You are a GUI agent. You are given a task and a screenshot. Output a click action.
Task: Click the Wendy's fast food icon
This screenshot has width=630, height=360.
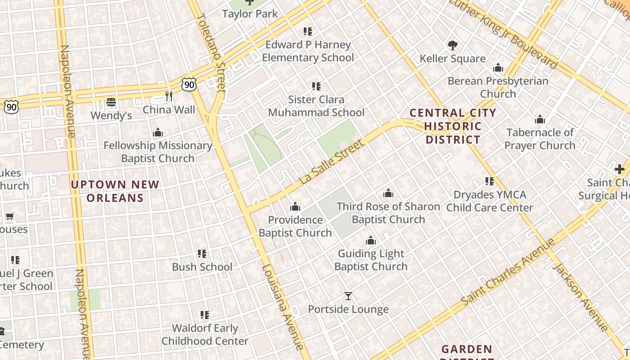point(111,102)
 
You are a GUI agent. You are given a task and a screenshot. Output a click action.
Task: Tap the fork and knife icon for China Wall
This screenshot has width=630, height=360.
point(169,96)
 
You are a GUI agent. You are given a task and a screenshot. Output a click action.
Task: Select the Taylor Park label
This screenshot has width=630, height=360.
point(250,14)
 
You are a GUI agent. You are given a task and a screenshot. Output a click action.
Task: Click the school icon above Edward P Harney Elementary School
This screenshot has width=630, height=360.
point(308,31)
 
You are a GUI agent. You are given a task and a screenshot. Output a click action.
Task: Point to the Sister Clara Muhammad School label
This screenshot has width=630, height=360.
point(316,106)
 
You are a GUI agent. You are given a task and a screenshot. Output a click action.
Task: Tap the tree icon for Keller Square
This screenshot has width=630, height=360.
point(453,45)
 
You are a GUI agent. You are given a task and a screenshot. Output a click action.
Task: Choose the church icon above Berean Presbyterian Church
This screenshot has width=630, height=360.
point(498,68)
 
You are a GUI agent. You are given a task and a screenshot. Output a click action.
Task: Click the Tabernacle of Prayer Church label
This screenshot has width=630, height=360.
point(540,139)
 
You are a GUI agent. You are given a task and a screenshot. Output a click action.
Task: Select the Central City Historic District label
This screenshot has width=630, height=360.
point(453,126)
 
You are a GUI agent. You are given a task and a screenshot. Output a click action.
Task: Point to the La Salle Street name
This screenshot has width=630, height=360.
point(332,162)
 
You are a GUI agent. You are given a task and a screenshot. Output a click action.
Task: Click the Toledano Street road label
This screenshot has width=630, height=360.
point(211,53)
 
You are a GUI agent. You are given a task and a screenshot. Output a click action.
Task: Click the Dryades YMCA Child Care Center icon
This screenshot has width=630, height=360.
point(490,181)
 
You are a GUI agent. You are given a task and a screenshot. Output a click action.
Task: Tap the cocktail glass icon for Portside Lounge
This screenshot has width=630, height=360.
point(348,296)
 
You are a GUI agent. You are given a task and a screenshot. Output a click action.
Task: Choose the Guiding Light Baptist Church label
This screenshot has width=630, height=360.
point(371,260)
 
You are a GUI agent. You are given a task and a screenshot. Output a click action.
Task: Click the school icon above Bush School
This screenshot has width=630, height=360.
point(202,254)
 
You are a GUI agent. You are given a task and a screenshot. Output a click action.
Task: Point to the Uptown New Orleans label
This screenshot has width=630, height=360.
point(115,191)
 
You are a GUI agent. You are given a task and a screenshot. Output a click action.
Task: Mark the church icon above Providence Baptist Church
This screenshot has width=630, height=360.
point(295,207)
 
